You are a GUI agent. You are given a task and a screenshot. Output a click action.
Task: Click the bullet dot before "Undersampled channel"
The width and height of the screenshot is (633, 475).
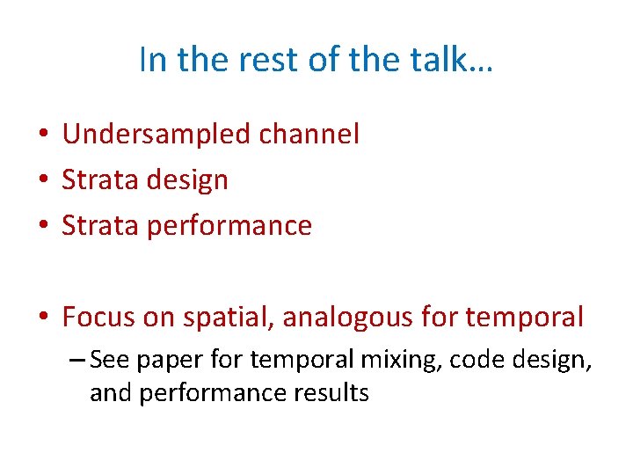point(41,135)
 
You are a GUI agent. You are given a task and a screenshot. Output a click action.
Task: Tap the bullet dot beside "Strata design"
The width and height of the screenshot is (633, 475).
point(41,181)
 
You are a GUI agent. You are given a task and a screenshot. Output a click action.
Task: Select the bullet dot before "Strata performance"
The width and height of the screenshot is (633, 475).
point(41,227)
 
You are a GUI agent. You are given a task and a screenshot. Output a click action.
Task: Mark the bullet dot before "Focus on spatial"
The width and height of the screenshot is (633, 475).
point(41,318)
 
